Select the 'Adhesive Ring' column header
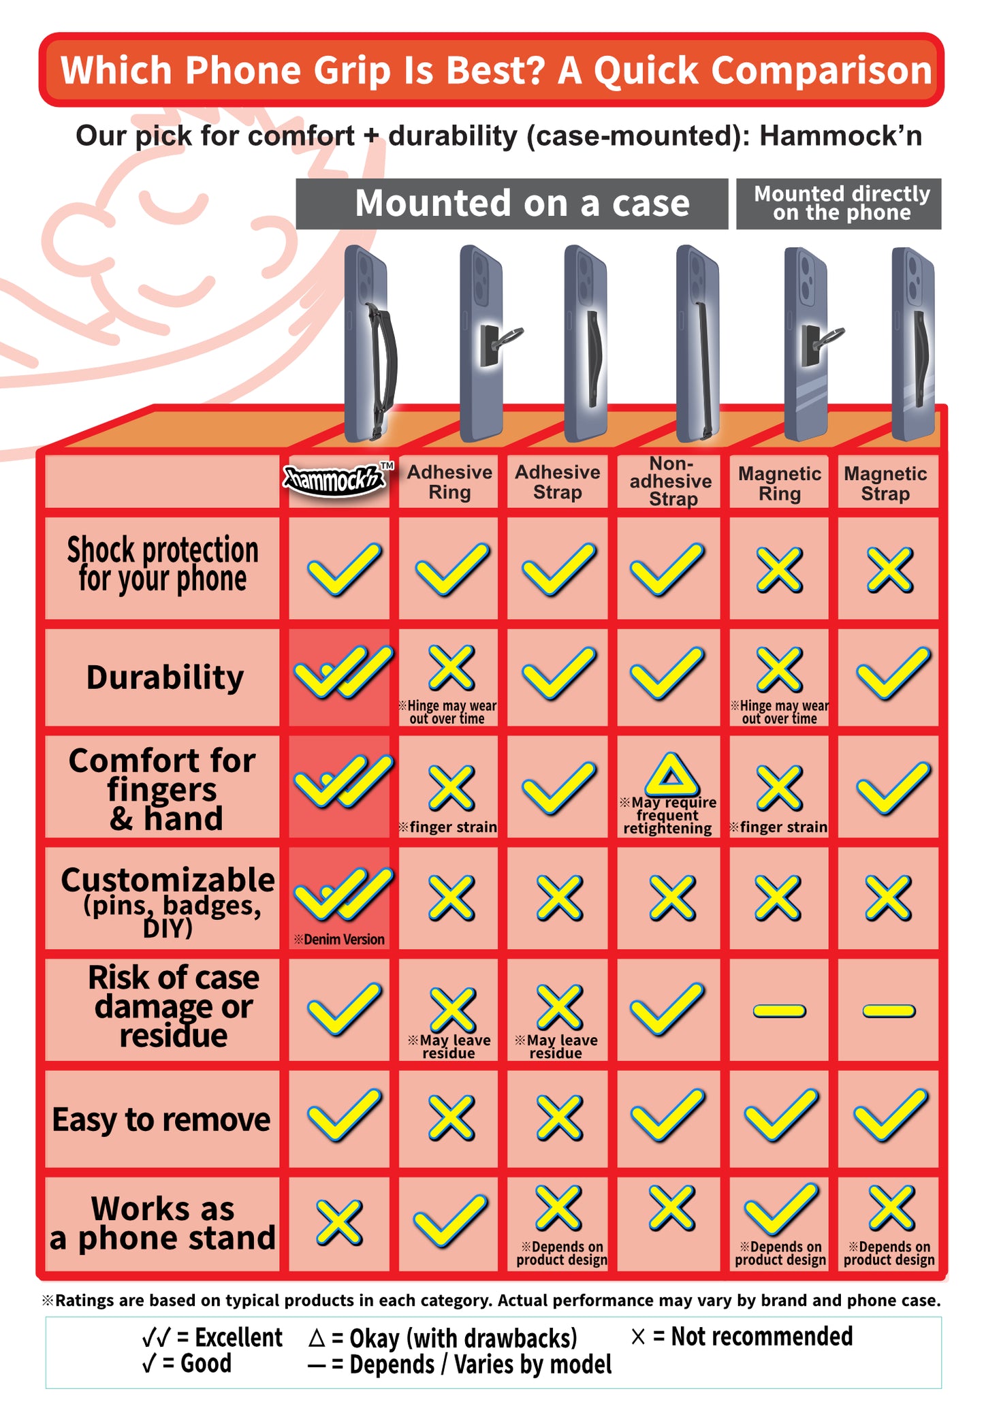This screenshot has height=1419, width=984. click(449, 482)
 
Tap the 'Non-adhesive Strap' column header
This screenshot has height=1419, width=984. click(671, 481)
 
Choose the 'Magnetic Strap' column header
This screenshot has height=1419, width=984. click(885, 483)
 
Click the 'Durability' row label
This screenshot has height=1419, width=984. click(165, 677)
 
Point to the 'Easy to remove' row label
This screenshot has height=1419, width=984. click(161, 1119)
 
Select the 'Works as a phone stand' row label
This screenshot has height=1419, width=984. click(163, 1224)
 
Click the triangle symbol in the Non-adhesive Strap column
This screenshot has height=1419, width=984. click(671, 776)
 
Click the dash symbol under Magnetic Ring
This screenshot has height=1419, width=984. click(779, 1011)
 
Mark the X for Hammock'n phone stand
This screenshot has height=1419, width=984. click(339, 1223)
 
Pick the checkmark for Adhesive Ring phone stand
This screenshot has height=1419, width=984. click(450, 1222)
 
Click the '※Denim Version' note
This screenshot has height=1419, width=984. click(339, 940)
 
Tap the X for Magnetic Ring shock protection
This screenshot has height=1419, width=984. click(779, 569)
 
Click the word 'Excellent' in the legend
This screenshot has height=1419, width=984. click(238, 1338)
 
